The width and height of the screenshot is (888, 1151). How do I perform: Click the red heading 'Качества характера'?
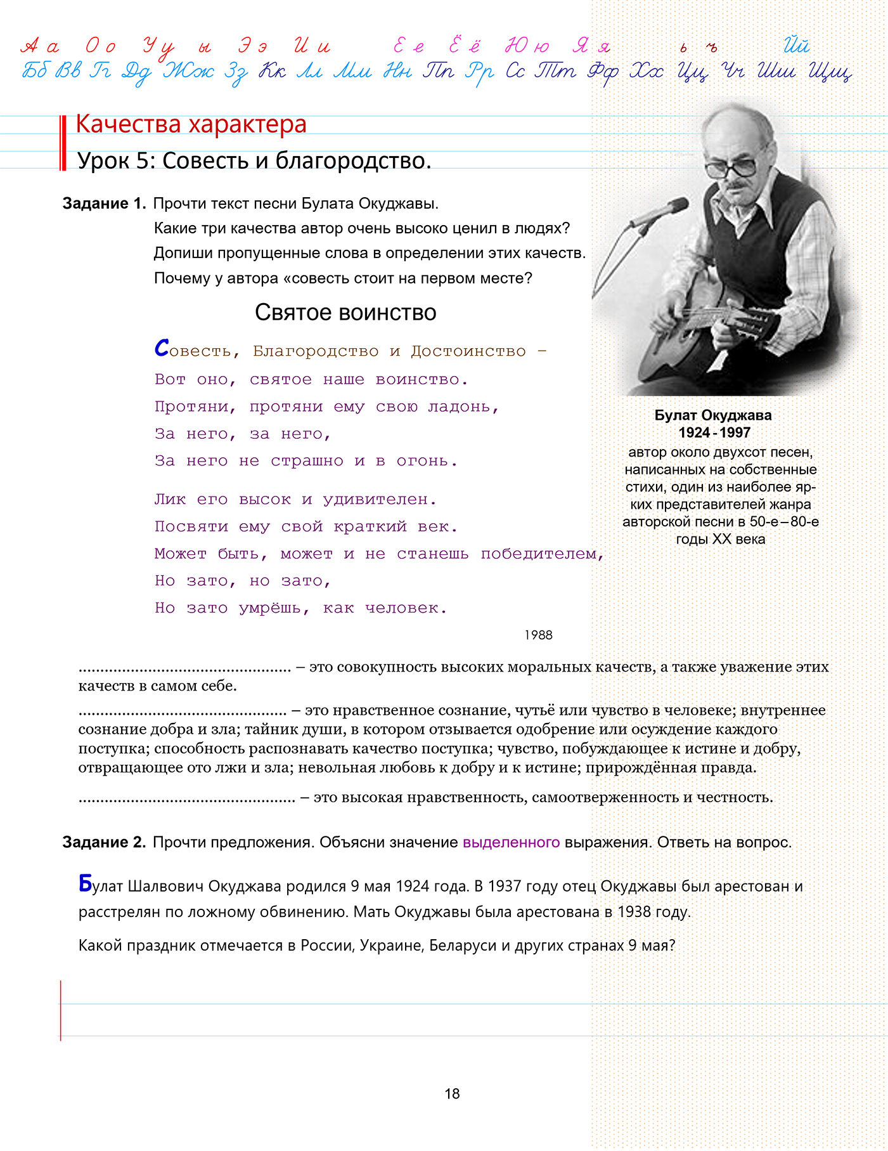click(191, 124)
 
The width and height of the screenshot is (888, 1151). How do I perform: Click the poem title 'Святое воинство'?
click(345, 313)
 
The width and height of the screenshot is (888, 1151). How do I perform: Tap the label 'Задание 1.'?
click(104, 204)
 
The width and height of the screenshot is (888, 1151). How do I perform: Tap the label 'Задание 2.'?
click(104, 842)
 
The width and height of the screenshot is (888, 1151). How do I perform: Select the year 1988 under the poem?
click(538, 635)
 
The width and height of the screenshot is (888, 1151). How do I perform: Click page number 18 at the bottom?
click(452, 1093)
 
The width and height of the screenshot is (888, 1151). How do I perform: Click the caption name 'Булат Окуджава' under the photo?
click(713, 415)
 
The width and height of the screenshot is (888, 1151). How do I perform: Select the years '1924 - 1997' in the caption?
click(714, 432)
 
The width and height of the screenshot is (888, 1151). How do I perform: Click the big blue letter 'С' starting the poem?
click(162, 348)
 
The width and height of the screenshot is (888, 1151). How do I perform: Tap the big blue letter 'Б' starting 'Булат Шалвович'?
click(86, 883)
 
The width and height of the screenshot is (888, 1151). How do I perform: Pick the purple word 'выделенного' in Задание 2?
click(511, 842)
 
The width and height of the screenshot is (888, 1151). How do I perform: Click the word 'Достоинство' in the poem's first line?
click(468, 351)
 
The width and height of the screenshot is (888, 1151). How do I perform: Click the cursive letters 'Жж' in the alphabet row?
click(189, 72)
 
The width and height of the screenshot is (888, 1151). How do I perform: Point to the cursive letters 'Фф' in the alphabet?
click(603, 73)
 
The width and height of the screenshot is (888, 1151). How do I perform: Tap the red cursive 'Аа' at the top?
click(41, 46)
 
